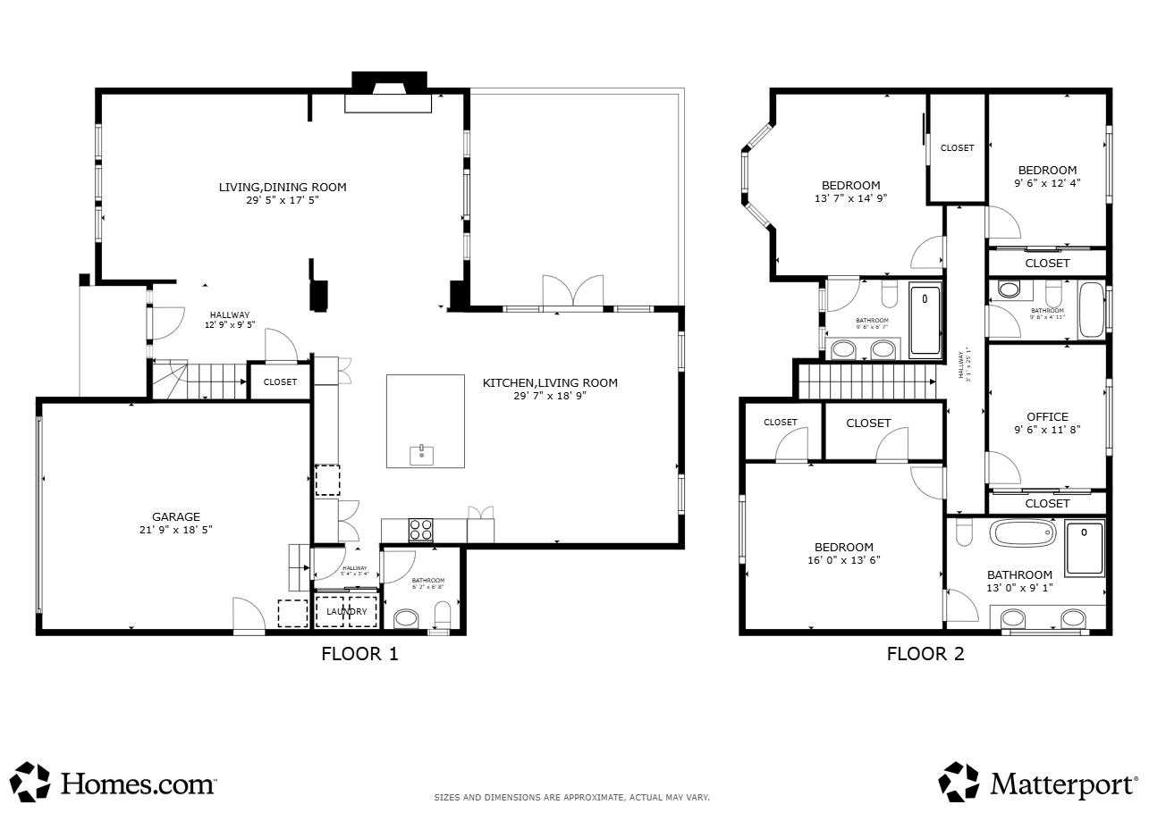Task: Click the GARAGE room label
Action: (175, 516)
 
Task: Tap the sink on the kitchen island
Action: (421, 455)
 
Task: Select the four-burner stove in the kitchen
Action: (421, 530)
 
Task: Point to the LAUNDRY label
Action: (346, 611)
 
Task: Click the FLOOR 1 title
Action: (359, 654)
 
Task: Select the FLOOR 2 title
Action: (925, 654)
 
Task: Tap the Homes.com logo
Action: (114, 783)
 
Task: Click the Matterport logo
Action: (1037, 783)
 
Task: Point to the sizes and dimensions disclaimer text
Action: (571, 797)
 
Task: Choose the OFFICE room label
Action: (1047, 416)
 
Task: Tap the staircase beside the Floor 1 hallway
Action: (196, 381)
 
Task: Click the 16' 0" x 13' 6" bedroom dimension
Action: (843, 560)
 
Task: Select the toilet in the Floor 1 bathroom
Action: (442, 615)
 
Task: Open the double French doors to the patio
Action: (573, 293)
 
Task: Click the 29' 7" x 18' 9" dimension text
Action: (550, 396)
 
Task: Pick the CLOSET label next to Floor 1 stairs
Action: (280, 381)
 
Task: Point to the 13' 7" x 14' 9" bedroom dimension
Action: (850, 198)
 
